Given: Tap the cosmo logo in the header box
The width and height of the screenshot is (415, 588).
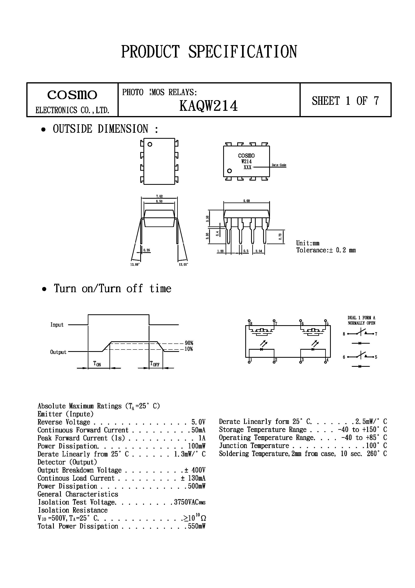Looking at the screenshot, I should [x=72, y=95].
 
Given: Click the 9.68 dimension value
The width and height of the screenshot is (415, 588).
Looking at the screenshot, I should [x=246, y=201].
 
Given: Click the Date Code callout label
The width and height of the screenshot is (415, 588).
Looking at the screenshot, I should [x=279, y=165].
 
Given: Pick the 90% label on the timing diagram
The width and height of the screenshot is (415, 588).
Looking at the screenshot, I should [x=189, y=343].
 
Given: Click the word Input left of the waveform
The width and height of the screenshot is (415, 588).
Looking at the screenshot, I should [x=57, y=325].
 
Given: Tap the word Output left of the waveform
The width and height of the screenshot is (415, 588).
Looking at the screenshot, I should [x=58, y=352].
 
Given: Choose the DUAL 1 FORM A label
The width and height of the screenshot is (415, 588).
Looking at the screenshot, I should [x=361, y=318].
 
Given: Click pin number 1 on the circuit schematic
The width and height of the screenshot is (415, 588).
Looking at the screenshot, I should [x=251, y=360].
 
